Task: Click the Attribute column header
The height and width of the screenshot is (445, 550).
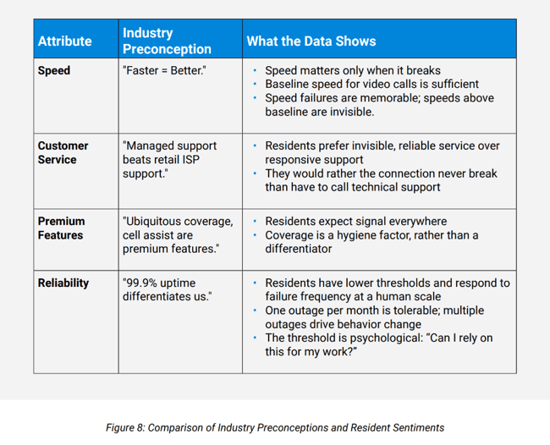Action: [x=64, y=41]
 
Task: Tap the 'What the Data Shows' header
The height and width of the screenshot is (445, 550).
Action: [x=311, y=41]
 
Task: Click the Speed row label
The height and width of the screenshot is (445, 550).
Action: [x=53, y=70]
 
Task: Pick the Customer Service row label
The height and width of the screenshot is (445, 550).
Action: [x=63, y=152]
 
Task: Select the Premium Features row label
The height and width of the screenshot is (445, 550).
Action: [x=60, y=228]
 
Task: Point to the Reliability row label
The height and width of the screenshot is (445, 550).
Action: [x=63, y=283]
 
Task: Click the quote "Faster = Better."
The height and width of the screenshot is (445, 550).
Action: [x=163, y=70]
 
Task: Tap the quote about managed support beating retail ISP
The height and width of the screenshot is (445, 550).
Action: [x=169, y=160]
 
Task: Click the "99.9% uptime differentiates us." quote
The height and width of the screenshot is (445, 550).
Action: [x=167, y=289]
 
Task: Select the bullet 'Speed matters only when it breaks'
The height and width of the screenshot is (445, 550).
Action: [x=352, y=70]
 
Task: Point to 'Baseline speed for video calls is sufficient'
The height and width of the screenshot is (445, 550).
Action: [x=371, y=84]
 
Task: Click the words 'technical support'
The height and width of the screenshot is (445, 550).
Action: [x=393, y=187]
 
